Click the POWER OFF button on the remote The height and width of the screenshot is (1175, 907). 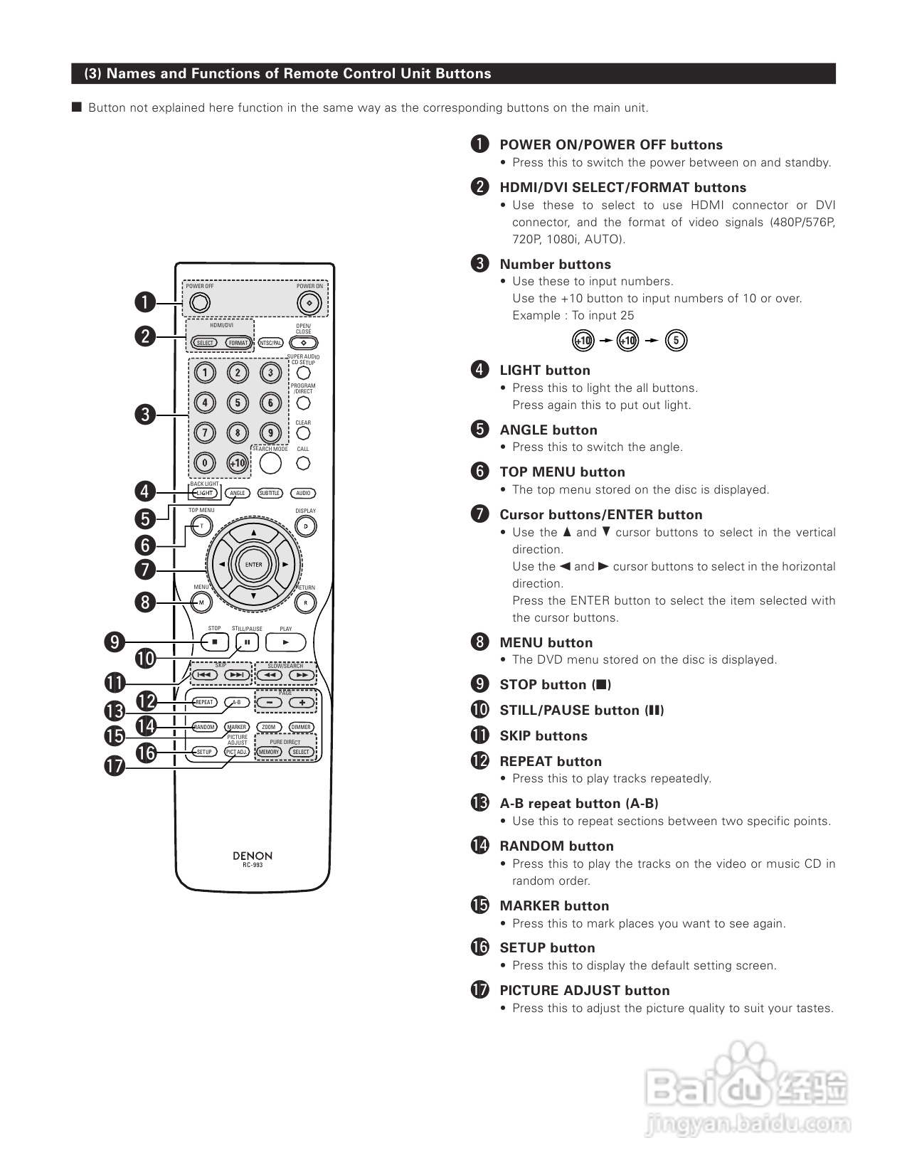tap(200, 303)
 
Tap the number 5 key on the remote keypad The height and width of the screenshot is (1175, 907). tap(238, 403)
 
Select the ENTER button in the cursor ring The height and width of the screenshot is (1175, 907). tap(253, 565)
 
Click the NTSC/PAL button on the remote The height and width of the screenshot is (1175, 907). tap(270, 343)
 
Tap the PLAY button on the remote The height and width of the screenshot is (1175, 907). tap(285, 642)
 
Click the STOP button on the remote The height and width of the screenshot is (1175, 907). tap(214, 642)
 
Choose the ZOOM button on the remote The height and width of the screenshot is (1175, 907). tap(268, 727)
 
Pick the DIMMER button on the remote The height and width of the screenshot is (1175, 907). tap(301, 727)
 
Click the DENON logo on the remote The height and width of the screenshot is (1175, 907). tap(253, 856)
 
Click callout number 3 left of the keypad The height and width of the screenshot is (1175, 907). tap(145, 415)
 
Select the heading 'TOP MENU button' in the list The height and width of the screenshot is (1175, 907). tap(562, 472)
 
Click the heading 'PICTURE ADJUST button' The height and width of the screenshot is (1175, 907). tap(584, 990)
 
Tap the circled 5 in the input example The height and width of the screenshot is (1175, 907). tap(676, 341)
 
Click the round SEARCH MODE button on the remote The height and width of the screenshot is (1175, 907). tap(270, 463)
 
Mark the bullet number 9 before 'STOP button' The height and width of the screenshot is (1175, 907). tap(480, 684)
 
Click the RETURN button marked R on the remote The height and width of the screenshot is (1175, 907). tap(305, 602)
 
